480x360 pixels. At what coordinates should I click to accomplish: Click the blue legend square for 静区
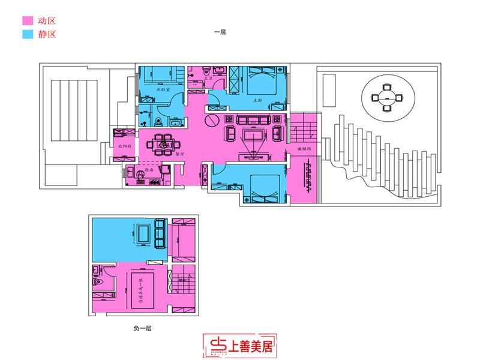pyautogui.click(x=26, y=34)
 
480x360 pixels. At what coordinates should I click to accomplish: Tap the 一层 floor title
pyautogui.click(x=220, y=32)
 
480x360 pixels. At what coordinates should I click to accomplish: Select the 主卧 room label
pyautogui.click(x=259, y=100)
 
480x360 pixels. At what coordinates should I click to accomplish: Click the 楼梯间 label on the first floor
pyautogui.click(x=304, y=148)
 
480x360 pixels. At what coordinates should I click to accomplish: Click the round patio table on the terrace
pyautogui.click(x=387, y=95)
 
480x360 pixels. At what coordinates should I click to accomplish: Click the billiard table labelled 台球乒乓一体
pyautogui.click(x=143, y=290)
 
